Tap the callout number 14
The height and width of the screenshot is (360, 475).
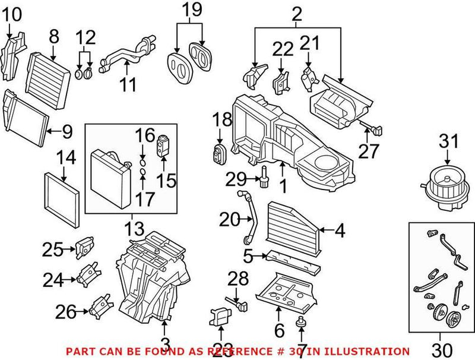(66, 158)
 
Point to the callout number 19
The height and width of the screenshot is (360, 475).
(192, 10)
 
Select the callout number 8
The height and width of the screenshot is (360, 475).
(54, 37)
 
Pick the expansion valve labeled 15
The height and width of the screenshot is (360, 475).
(162, 142)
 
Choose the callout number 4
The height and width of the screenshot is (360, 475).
(339, 230)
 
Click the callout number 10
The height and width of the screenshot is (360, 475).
(12, 12)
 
